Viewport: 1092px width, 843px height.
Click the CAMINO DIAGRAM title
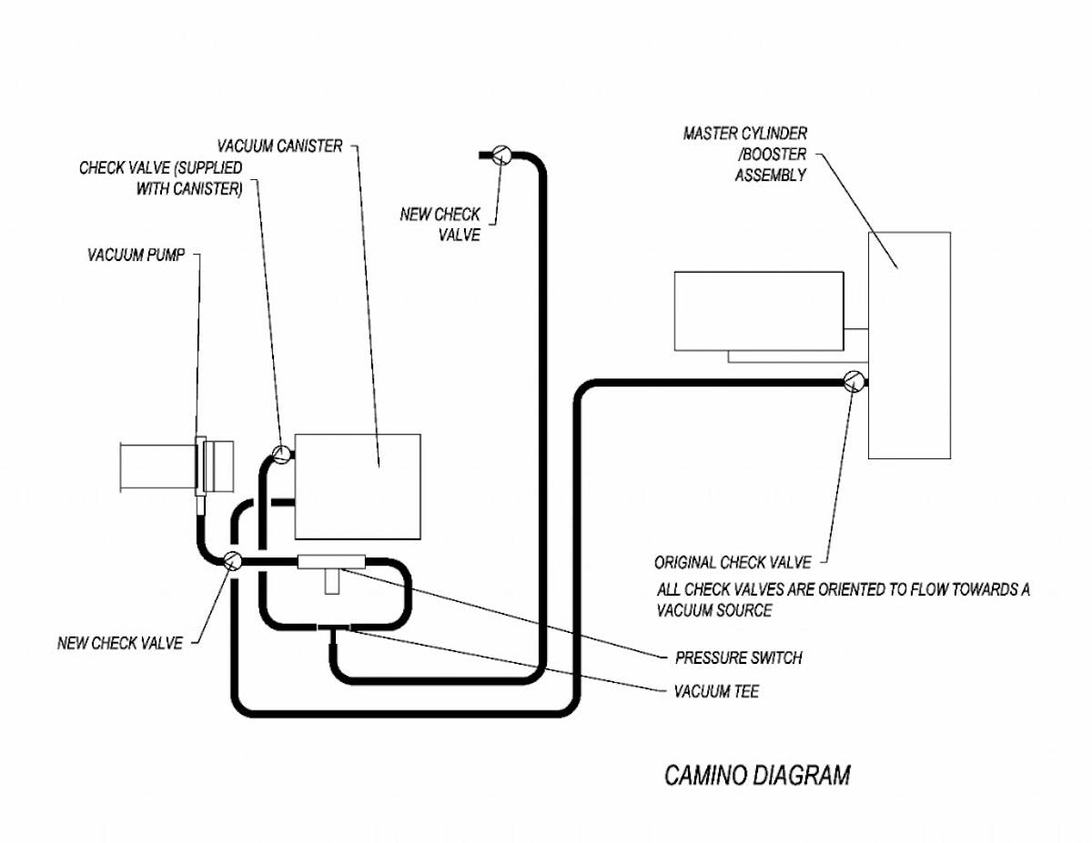click(x=757, y=776)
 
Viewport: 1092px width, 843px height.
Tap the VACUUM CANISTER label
click(x=279, y=146)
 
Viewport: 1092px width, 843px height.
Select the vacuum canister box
click(x=358, y=487)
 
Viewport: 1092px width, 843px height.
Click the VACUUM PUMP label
click(x=136, y=256)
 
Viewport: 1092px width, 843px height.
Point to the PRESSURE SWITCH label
click(x=738, y=657)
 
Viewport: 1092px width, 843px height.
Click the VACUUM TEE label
click(x=716, y=692)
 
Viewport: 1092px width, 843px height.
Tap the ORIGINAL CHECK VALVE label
click(x=732, y=563)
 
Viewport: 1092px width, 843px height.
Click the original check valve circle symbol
click(x=854, y=382)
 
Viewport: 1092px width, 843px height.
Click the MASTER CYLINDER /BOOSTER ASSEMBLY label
click(x=746, y=155)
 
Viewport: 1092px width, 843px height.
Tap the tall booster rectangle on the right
click(x=909, y=346)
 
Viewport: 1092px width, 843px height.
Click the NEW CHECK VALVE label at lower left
click(x=119, y=643)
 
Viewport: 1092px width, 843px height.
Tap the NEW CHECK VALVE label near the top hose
click(x=440, y=225)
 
